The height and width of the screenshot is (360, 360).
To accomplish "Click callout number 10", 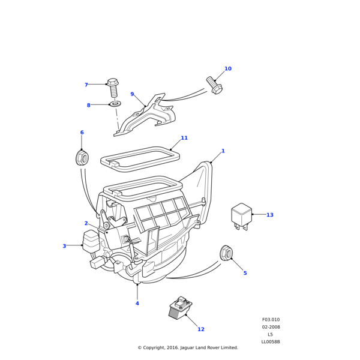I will coord(227,69).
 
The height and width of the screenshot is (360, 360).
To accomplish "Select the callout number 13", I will coord(269,215).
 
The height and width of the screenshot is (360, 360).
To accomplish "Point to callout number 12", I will coord(201,329).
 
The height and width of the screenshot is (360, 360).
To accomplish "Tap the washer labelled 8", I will coord(115,104).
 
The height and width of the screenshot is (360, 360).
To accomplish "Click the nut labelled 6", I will coord(82,158).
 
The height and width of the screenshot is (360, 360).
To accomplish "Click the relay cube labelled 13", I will coord(241,215).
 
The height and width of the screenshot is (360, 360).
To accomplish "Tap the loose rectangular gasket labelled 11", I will coord(140,158).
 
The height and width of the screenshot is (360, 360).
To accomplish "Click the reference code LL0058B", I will coord(271,342).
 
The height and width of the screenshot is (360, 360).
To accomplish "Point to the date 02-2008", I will coord(271,327).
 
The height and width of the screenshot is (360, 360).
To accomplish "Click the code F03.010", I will coord(271,320).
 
